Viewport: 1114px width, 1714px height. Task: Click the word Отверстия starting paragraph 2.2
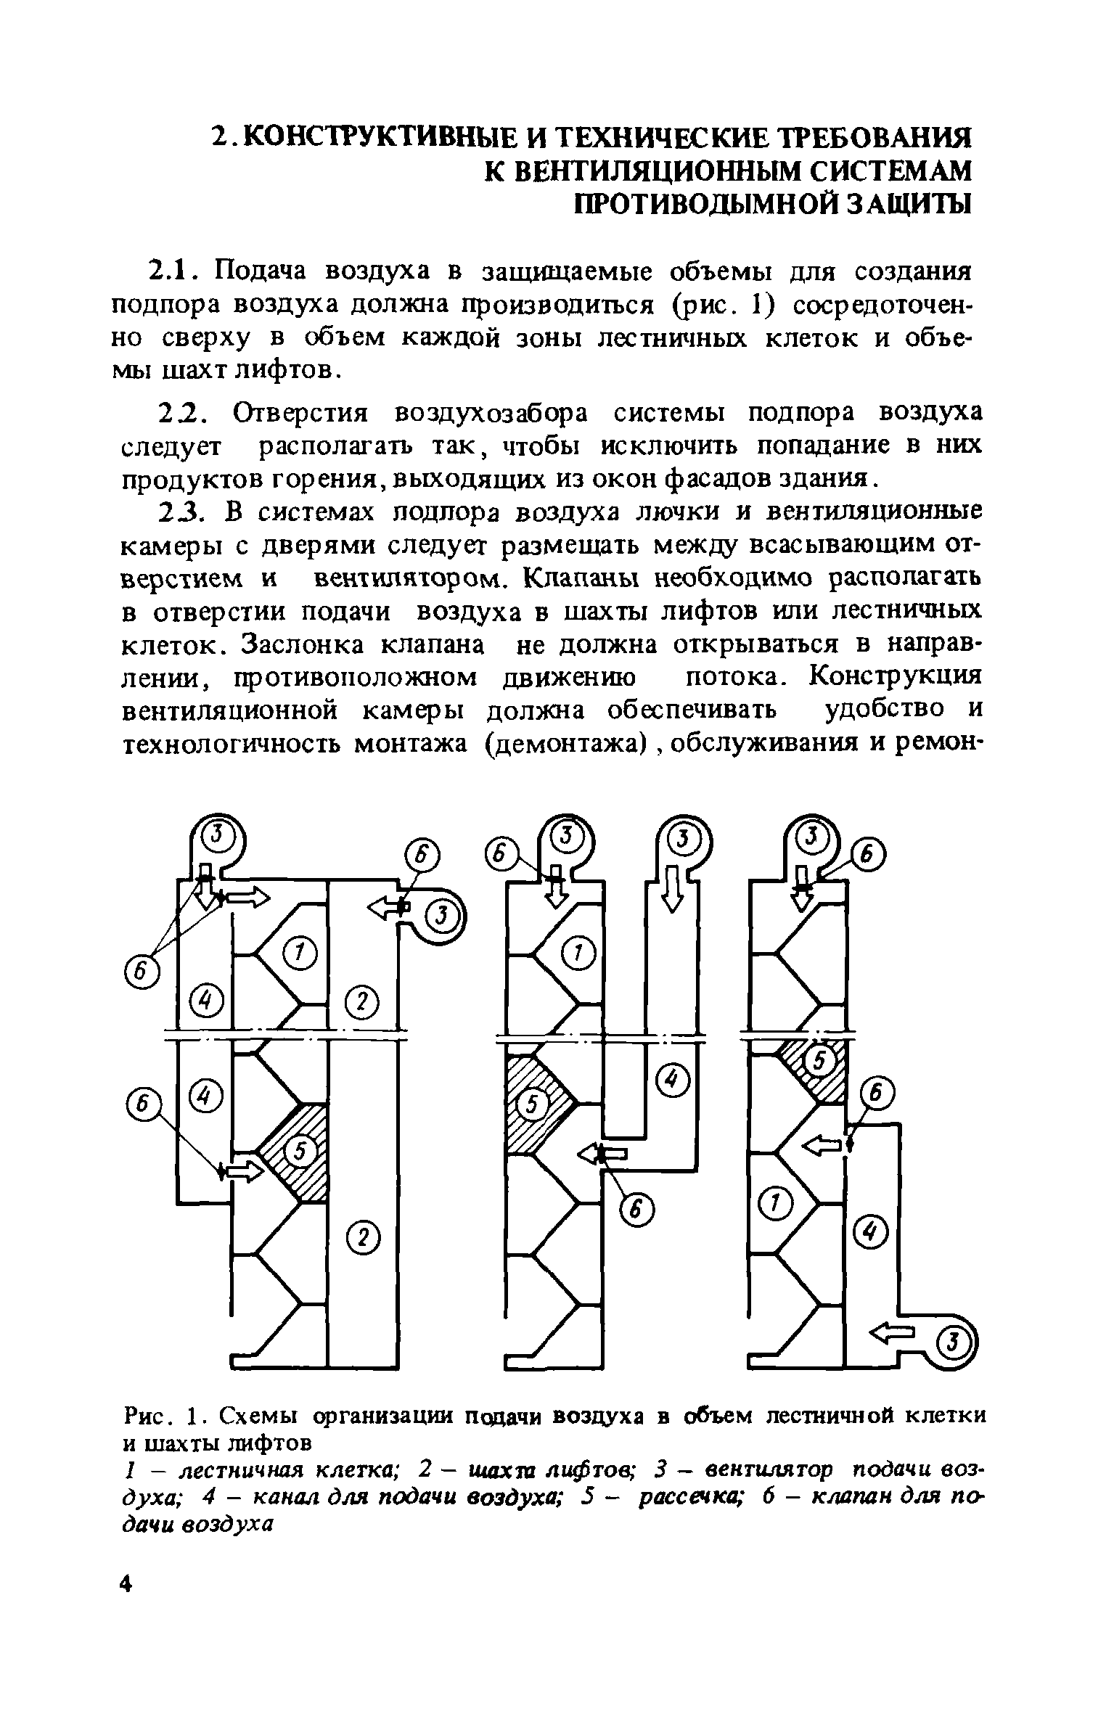pyautogui.click(x=300, y=413)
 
